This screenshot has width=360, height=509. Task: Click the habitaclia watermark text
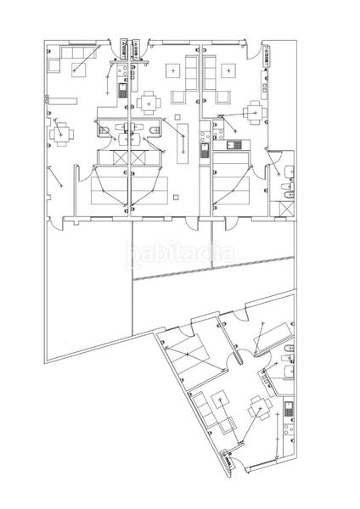pos(179,254)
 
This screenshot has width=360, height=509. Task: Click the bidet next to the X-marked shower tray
pos(289,193)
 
